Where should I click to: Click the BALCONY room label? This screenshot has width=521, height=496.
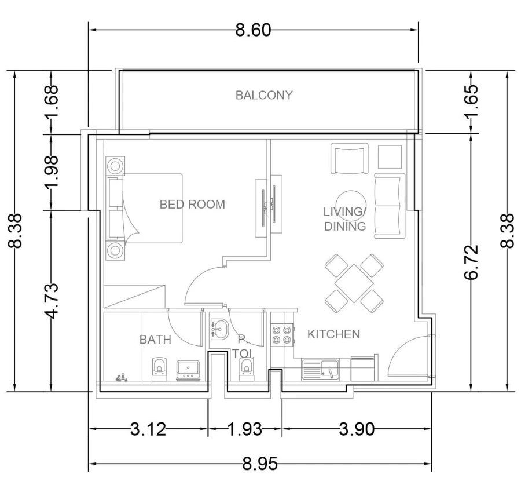click(x=264, y=95)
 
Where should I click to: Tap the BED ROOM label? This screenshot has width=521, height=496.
click(x=192, y=204)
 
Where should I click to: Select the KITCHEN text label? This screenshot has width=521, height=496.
click(x=333, y=334)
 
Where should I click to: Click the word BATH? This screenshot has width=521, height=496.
click(x=155, y=340)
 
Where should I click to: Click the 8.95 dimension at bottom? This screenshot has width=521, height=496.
click(x=259, y=464)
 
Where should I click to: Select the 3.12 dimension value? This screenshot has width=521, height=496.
click(x=148, y=429)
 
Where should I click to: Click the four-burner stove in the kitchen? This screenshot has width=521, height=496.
click(x=281, y=335)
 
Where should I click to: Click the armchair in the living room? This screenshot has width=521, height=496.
click(x=349, y=159)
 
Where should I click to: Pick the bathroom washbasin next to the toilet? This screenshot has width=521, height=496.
click(x=188, y=369)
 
